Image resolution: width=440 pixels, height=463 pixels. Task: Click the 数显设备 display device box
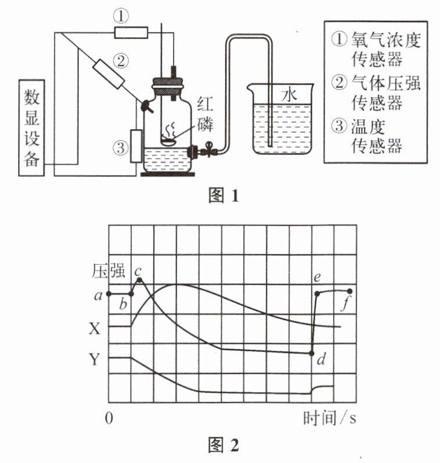click(x=31, y=128)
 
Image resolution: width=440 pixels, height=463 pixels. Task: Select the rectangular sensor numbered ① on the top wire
click(x=131, y=33)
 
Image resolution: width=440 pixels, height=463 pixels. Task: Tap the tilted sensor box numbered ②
click(x=109, y=74)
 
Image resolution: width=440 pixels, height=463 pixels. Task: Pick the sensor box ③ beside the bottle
click(x=136, y=146)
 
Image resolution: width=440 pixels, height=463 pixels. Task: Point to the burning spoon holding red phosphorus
click(x=168, y=141)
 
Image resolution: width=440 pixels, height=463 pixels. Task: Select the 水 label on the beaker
click(x=289, y=95)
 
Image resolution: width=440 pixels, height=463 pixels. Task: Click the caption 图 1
click(x=223, y=195)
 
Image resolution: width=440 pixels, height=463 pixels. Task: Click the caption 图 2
click(x=223, y=445)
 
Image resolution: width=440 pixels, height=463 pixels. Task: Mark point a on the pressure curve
click(x=109, y=294)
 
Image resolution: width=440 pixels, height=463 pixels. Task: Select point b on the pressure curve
click(x=131, y=294)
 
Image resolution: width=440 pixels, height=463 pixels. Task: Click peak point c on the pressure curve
click(x=140, y=280)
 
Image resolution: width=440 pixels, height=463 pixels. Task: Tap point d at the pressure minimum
click(x=312, y=354)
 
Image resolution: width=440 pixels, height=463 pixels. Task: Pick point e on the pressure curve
click(x=317, y=294)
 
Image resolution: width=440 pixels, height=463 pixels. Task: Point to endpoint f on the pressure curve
click(x=350, y=291)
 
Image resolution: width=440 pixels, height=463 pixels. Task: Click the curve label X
click(x=95, y=328)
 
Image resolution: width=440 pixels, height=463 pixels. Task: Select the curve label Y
click(x=95, y=359)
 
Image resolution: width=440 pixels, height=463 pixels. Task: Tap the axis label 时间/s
click(x=330, y=418)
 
